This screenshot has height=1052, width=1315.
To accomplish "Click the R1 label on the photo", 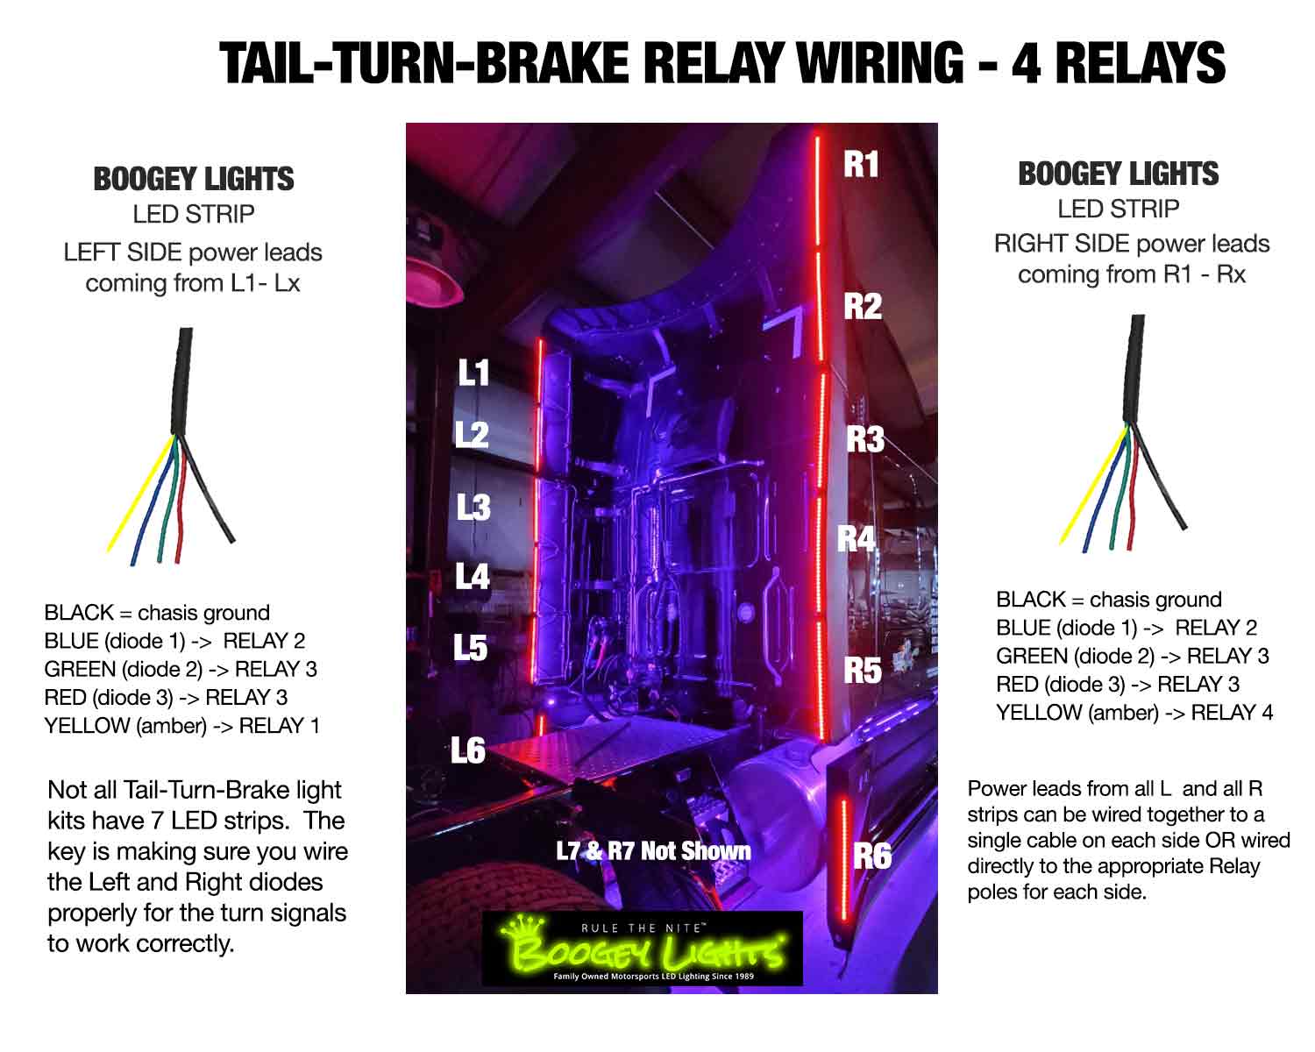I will (860, 164).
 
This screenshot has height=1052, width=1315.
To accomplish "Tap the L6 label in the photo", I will (468, 750).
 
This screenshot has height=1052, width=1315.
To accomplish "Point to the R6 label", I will (871, 856).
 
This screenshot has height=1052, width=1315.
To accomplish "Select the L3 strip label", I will (473, 508).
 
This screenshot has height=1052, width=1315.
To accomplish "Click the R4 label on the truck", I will (856, 538).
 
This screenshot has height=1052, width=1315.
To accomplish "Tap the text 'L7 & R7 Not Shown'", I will (653, 850).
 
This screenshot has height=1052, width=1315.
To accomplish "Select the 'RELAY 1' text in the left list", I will (279, 726).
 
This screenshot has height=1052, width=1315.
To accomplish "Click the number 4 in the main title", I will (1025, 63).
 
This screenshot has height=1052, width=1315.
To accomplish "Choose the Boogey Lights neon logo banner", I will (642, 949).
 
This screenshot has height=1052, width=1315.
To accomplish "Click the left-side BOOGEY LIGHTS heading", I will (193, 179).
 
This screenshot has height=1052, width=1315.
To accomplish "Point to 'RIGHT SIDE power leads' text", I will (1131, 244).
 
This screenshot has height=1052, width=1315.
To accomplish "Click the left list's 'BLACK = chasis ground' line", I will (157, 613).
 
